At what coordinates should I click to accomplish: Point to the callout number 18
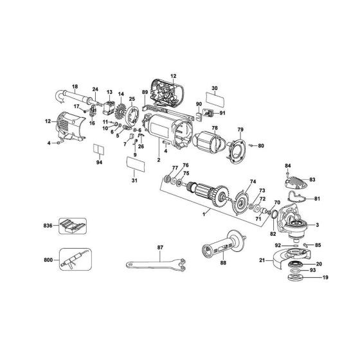(x=75, y=87)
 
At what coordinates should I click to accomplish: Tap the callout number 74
(x=253, y=182)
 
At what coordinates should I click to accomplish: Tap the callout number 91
(x=223, y=113)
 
